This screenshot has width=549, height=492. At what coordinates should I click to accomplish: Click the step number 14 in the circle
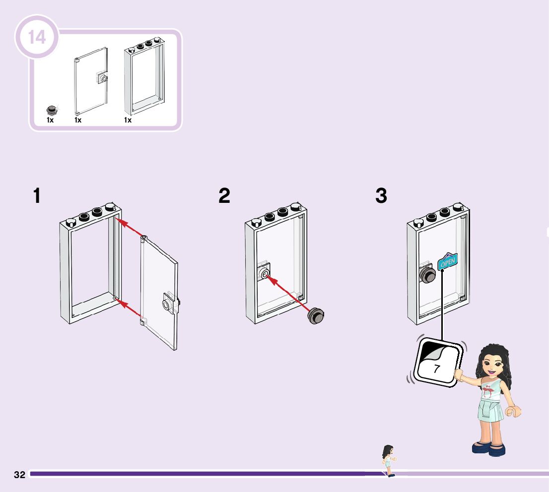[37, 37]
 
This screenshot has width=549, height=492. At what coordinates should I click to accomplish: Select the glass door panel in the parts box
[91, 81]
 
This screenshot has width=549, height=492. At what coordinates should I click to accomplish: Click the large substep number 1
[36, 196]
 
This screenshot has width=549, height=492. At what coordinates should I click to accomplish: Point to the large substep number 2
[224, 196]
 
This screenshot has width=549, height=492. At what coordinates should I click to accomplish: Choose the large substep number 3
[381, 196]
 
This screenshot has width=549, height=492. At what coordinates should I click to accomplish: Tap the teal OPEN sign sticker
[448, 261]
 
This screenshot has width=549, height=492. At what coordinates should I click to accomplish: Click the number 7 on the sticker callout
[436, 369]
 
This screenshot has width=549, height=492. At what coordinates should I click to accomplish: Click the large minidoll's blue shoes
[488, 448]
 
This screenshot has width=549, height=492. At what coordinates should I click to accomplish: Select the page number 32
[19, 475]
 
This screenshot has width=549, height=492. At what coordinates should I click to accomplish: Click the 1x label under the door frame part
[128, 120]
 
